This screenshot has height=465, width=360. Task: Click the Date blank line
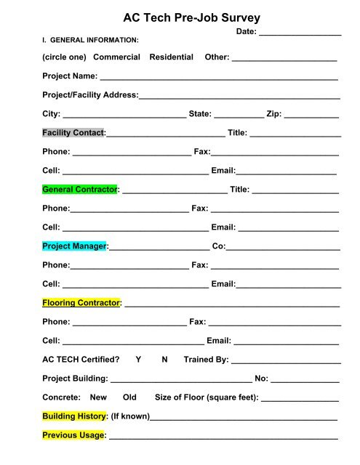(x=300, y=33)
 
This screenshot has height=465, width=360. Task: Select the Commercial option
(x=116, y=57)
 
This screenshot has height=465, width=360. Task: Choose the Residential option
(x=171, y=57)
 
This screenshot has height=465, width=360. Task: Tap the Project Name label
(x=70, y=76)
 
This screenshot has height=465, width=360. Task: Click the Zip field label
(x=274, y=114)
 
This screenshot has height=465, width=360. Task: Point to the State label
(x=200, y=114)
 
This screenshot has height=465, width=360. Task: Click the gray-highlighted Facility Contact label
(x=73, y=133)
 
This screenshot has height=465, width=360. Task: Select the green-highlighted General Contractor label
(x=79, y=190)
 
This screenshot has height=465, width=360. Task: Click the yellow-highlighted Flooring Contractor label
(x=80, y=302)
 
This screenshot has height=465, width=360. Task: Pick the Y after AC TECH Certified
(x=138, y=360)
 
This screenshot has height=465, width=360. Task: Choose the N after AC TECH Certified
(x=164, y=360)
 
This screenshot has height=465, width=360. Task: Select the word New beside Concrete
(x=98, y=397)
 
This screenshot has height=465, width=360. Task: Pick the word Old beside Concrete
(x=129, y=397)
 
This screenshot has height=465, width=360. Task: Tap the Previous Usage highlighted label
(x=73, y=435)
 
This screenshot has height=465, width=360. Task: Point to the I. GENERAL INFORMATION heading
(x=91, y=39)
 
